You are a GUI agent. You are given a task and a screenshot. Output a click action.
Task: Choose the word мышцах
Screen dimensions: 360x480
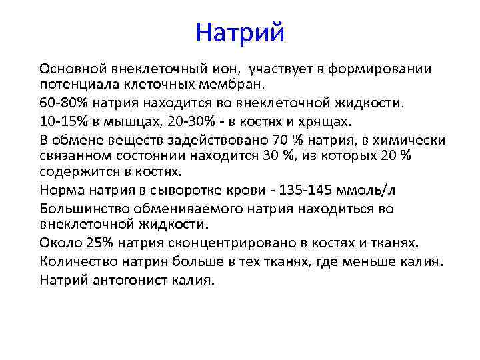[126, 121]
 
